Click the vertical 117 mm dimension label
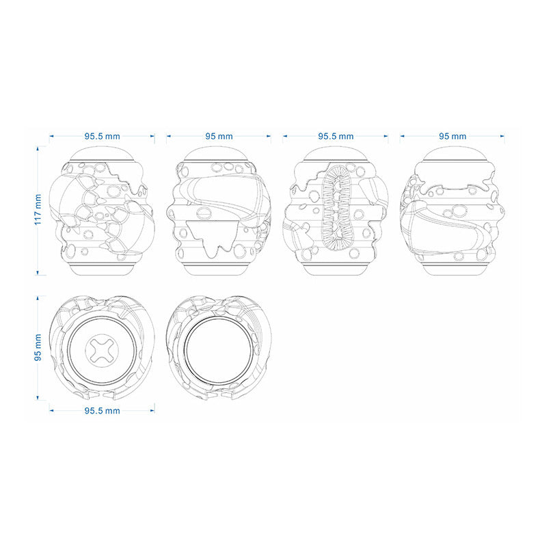click(38, 210)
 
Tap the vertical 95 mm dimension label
click(38, 347)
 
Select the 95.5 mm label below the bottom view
click(103, 411)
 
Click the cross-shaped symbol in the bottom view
click(102, 350)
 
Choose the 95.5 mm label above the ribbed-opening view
click(336, 137)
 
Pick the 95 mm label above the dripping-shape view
click(219, 137)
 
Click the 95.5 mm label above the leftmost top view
click(103, 137)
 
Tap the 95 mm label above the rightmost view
click(453, 137)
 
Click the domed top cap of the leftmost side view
click(102, 154)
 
